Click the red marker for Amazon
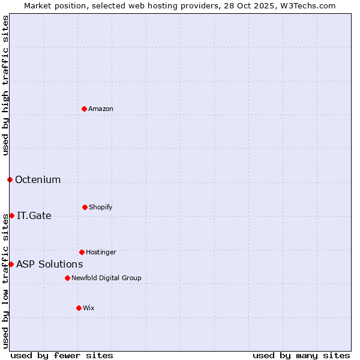[x=84, y=109]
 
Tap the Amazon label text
[x=101, y=109]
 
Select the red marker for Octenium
[x=10, y=179]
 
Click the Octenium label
[x=38, y=179]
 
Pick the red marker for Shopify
[x=85, y=207]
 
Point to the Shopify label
[x=101, y=207]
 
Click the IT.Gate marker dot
[x=11, y=215]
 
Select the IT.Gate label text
[x=34, y=215]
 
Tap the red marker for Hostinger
[x=82, y=252]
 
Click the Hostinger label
[x=101, y=252]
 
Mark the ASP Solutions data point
[x=11, y=264]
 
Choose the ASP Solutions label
[x=49, y=264]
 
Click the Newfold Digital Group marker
[x=67, y=278]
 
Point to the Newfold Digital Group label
[x=106, y=278]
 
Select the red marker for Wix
[x=79, y=308]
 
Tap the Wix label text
[x=89, y=308]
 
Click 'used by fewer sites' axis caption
[x=62, y=355]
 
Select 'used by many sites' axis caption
[x=301, y=355]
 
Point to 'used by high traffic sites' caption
[x=5, y=85]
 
